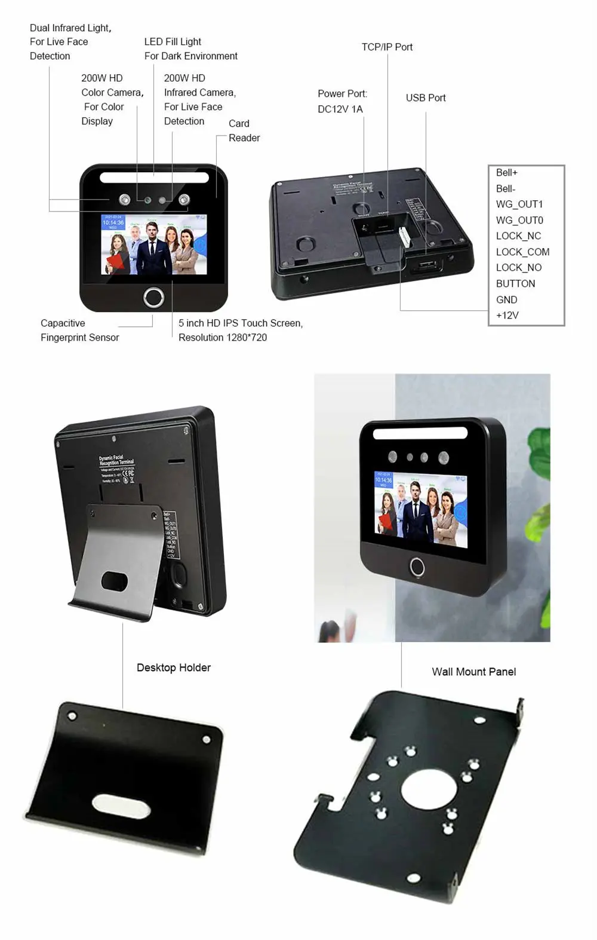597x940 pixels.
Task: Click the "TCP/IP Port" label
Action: (x=387, y=47)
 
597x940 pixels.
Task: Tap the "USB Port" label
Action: (x=426, y=98)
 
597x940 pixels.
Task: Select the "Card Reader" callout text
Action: (x=244, y=131)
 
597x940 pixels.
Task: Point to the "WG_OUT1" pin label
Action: (x=519, y=204)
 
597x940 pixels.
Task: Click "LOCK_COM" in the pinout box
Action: (x=522, y=252)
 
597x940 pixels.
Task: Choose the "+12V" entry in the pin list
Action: (x=507, y=316)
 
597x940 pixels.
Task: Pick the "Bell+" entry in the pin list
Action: (x=506, y=173)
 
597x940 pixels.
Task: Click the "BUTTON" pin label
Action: (x=515, y=284)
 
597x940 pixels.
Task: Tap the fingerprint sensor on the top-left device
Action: (x=153, y=297)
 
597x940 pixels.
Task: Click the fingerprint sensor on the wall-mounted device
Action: (x=417, y=567)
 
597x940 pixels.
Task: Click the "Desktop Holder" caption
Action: (x=173, y=668)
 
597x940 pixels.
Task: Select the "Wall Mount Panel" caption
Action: (x=473, y=672)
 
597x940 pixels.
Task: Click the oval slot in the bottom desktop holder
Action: (x=117, y=804)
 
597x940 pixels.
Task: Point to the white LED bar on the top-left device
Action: (x=154, y=177)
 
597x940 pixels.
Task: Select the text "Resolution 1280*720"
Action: (x=222, y=338)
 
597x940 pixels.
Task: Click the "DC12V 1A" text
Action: (x=340, y=109)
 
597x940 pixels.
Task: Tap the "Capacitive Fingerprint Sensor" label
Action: (x=79, y=330)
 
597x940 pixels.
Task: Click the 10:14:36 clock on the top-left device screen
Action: (x=113, y=222)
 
